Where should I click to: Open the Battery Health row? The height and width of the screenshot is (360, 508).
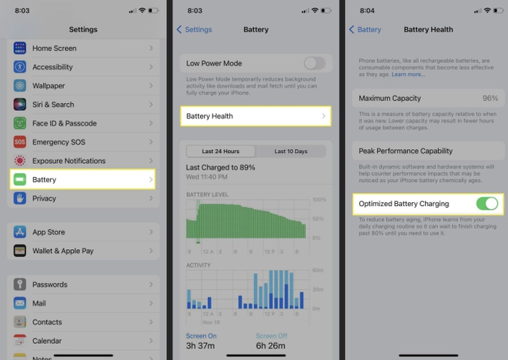click(255, 116)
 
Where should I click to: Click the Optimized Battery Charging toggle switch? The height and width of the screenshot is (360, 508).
click(487, 204)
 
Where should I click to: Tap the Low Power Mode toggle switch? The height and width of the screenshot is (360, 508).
click(315, 63)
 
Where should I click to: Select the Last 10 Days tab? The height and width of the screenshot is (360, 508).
click(291, 152)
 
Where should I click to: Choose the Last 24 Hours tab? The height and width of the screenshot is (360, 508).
click(220, 152)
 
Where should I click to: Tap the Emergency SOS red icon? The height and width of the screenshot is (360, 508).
click(20, 142)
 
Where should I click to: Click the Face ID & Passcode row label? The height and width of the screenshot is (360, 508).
click(65, 123)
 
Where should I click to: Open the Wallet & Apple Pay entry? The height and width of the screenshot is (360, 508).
click(63, 251)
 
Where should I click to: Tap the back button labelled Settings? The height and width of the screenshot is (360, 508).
click(194, 29)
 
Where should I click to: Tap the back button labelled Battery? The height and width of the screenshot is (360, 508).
click(365, 29)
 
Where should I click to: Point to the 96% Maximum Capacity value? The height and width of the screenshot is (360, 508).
click(490, 98)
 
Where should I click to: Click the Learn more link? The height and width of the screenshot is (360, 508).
click(408, 75)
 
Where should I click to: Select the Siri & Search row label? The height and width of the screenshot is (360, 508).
click(53, 105)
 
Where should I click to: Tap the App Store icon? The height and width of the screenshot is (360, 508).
click(20, 232)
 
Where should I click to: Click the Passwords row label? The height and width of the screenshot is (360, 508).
click(50, 285)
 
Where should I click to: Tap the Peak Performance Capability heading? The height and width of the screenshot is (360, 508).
click(406, 151)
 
